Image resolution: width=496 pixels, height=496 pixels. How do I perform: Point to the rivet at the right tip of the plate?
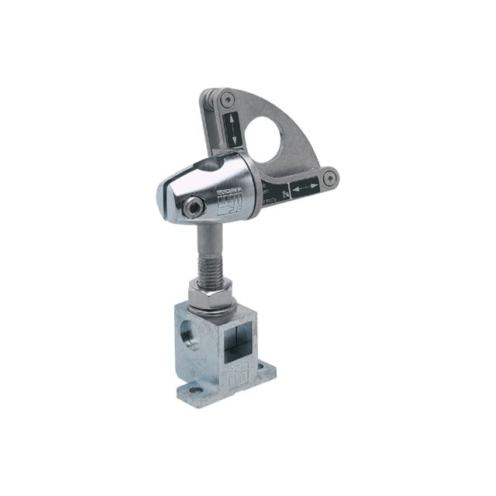330,177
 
